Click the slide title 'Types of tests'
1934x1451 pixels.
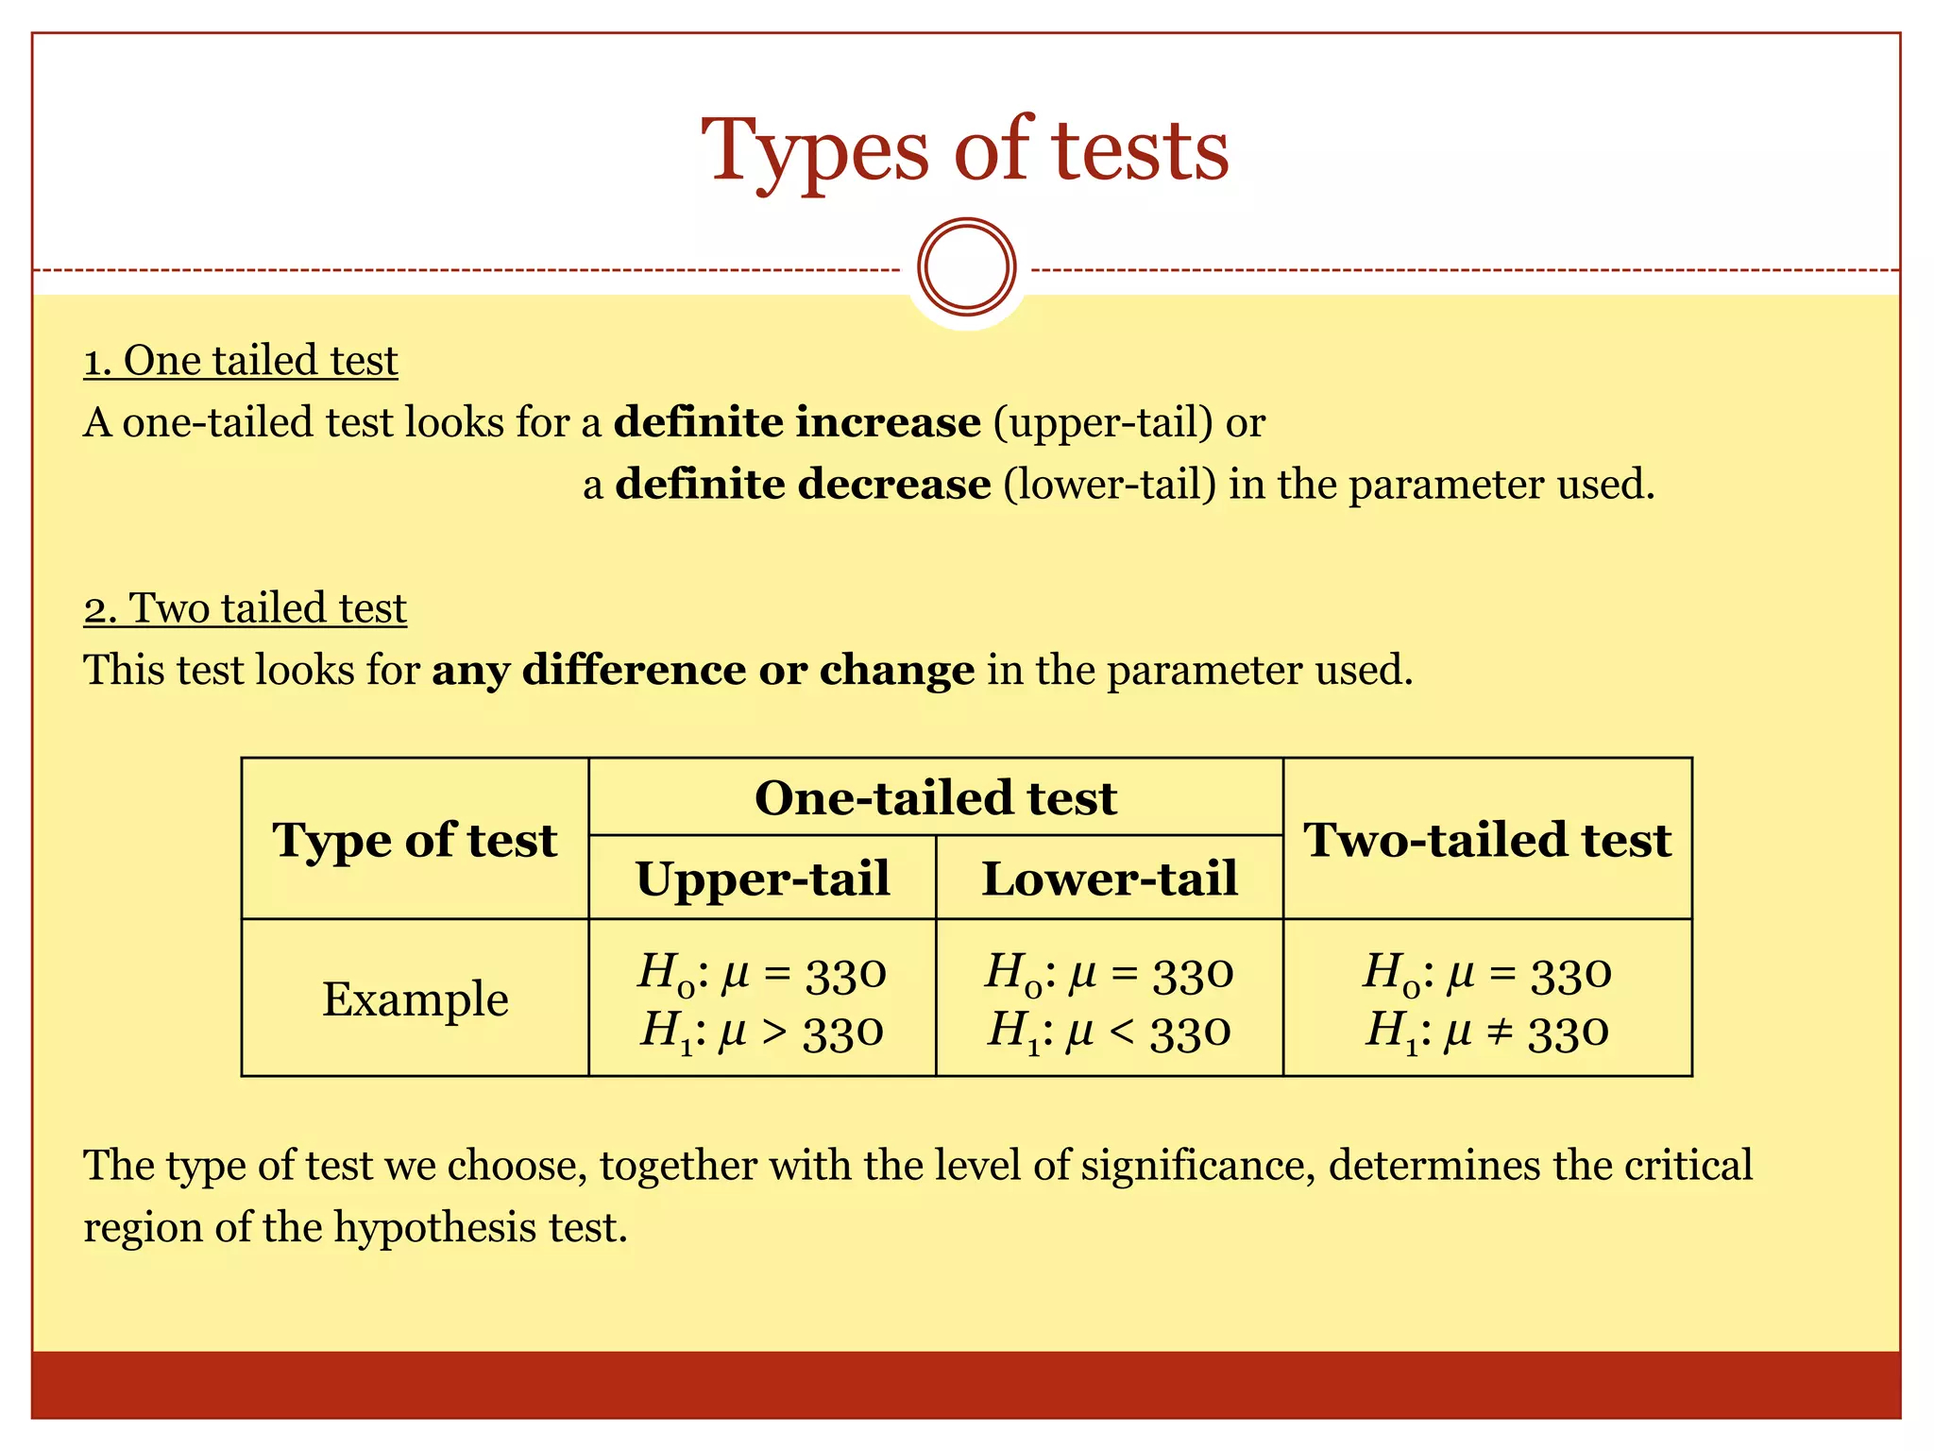click(965, 151)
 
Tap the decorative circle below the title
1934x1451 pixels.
click(966, 267)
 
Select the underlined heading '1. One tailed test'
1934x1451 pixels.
click(241, 361)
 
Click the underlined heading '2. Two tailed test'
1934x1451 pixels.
click(245, 608)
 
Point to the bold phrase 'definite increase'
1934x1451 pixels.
click(797, 422)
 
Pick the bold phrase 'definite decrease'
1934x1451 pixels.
click(803, 485)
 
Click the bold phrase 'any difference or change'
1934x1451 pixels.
click(704, 670)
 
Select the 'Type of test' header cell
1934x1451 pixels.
click(415, 839)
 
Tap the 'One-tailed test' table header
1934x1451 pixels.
click(935, 797)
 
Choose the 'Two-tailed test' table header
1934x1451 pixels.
click(1487, 839)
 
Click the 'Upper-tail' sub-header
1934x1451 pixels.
click(762, 878)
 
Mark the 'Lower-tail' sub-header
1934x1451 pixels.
click(1110, 878)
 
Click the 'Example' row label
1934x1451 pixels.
click(415, 999)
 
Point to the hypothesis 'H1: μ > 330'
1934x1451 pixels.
click(762, 1031)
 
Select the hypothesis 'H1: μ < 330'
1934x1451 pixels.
click(1110, 1031)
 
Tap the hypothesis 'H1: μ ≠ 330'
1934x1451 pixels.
click(1487, 1031)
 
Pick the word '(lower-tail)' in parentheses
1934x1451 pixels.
click(1110, 485)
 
